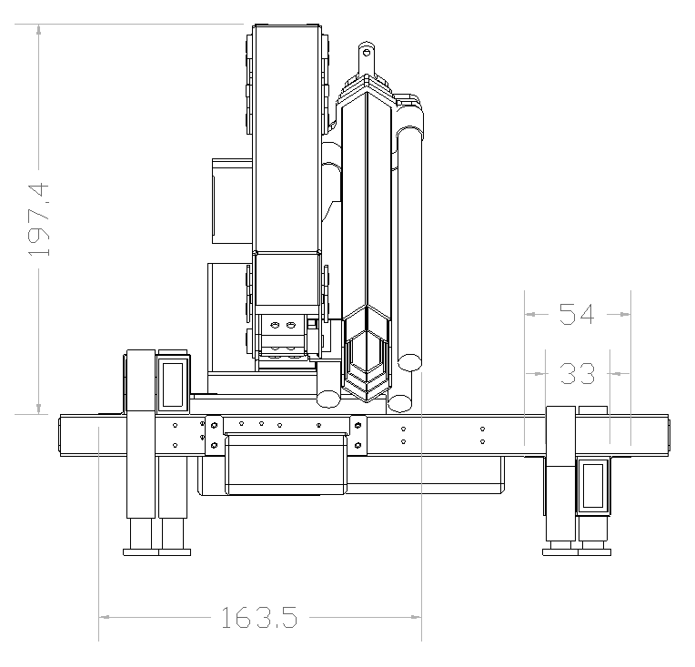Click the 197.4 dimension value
(x=38, y=219)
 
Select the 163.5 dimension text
(x=259, y=618)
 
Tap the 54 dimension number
(x=576, y=314)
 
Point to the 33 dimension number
(x=577, y=373)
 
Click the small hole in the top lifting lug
(x=367, y=53)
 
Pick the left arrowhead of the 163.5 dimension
(x=105, y=617)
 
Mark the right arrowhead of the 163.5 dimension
(x=416, y=617)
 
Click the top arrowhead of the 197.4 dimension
(x=39, y=30)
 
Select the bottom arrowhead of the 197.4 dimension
(x=39, y=409)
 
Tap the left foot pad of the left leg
(x=140, y=552)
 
